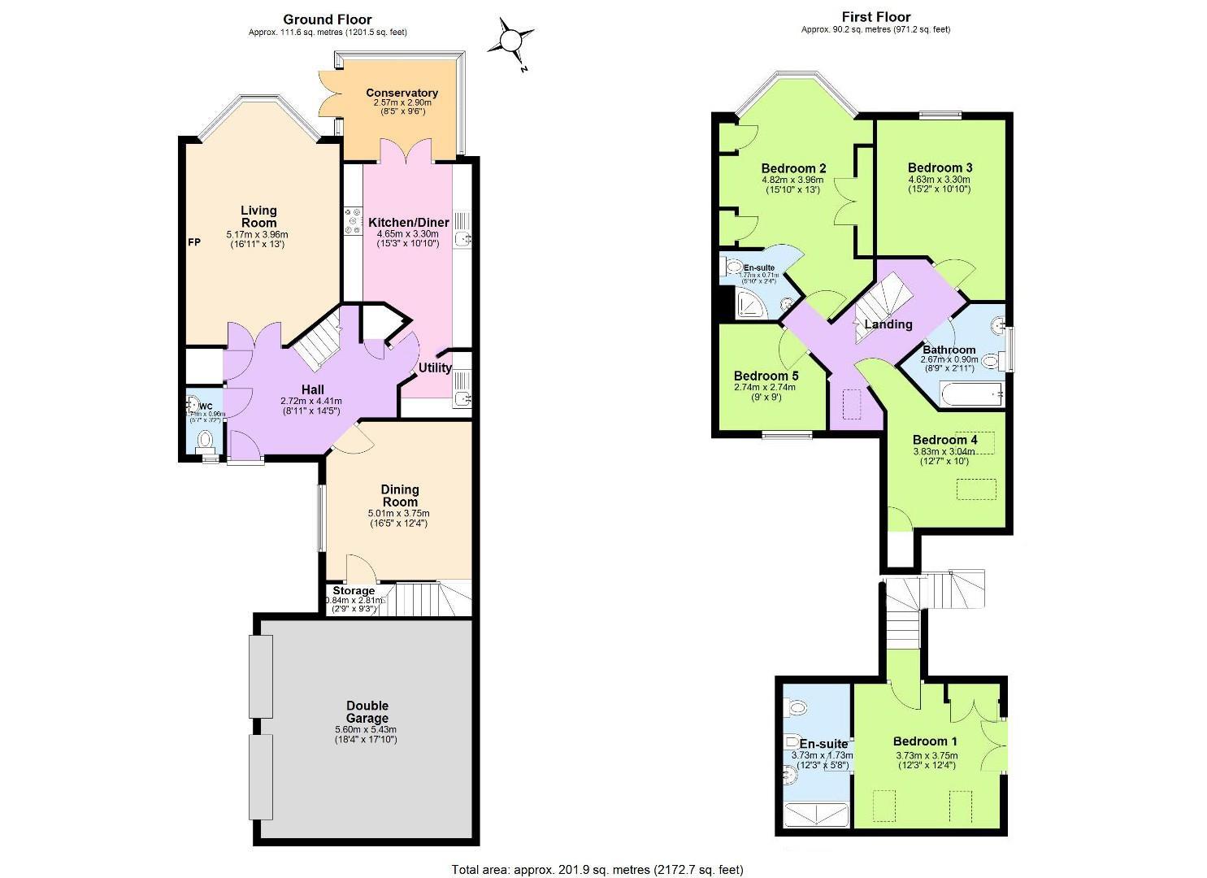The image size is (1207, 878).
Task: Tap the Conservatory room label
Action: coord(402,93)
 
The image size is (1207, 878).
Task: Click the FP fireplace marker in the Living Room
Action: coord(194,242)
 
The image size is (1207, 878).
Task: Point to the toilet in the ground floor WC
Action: coord(206,440)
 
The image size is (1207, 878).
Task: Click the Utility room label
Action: coord(435,367)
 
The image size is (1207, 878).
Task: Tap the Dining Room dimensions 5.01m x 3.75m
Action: coord(400,513)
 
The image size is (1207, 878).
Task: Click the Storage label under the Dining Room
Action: coord(354,591)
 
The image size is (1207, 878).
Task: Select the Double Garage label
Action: coord(367,712)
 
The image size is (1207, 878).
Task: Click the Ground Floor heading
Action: coord(328,20)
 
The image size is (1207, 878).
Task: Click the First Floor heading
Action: coord(875,16)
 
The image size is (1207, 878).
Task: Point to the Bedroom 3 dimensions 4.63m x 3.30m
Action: coord(939,180)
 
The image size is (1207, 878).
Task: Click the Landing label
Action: coord(888,324)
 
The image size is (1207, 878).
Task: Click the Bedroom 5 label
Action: coord(766,376)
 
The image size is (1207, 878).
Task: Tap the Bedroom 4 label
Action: coord(944,440)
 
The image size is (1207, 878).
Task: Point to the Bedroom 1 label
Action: coord(925,741)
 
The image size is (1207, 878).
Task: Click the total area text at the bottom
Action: coord(597,870)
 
